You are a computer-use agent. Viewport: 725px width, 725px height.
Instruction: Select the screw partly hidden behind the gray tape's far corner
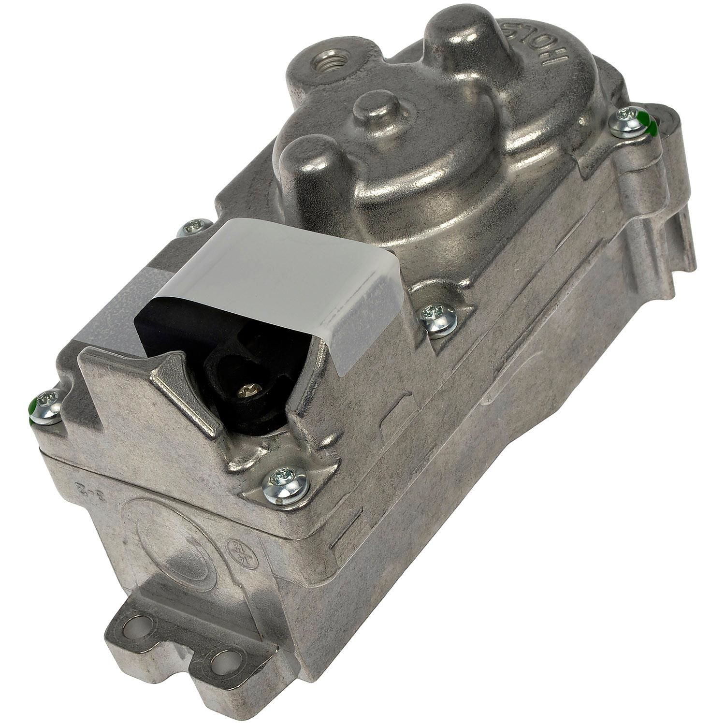[196, 227]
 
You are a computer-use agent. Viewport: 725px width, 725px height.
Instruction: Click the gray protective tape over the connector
[290, 271]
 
